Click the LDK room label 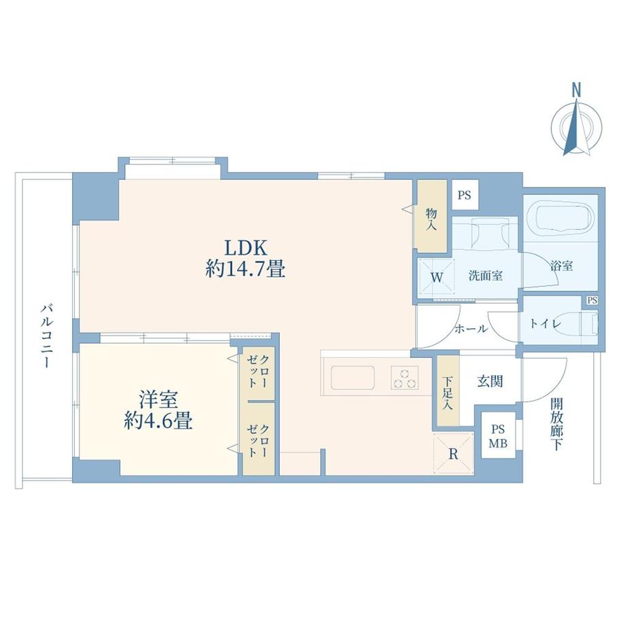pyautogui.click(x=245, y=247)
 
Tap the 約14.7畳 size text pyautogui.click(x=245, y=269)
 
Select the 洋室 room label pyautogui.click(x=158, y=399)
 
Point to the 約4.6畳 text pyautogui.click(x=158, y=421)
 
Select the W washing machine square pyautogui.click(x=436, y=276)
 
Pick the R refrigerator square pyautogui.click(x=453, y=454)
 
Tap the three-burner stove pyautogui.click(x=405, y=378)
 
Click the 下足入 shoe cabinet pyautogui.click(x=448, y=391)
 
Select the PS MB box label pyautogui.click(x=498, y=435)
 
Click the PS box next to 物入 pyautogui.click(x=465, y=196)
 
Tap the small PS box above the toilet pyautogui.click(x=592, y=300)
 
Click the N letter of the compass pyautogui.click(x=576, y=90)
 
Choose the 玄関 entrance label pyautogui.click(x=490, y=382)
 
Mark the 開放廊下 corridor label pyautogui.click(x=556, y=424)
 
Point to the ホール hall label pyautogui.click(x=471, y=329)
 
